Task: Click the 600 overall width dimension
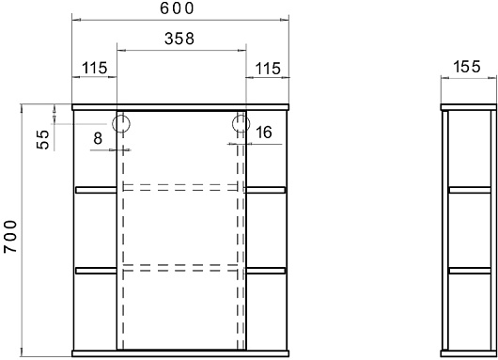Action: tap(177, 8)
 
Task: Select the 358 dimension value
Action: tap(179, 39)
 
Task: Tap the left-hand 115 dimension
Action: tap(95, 68)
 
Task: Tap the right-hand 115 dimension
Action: tap(268, 69)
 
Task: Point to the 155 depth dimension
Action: tap(467, 67)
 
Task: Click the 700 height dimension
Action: tap(10, 237)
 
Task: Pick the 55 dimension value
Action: tap(43, 140)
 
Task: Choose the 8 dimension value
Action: tap(98, 138)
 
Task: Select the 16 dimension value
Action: tap(264, 133)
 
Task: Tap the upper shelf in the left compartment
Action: tap(96, 190)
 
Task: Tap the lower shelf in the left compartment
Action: tap(96, 271)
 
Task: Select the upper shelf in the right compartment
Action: tap(266, 190)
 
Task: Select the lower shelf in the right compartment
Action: tap(266, 271)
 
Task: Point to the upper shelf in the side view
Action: tap(470, 190)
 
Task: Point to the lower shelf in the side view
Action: tap(470, 271)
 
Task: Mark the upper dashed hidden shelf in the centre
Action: tap(180, 187)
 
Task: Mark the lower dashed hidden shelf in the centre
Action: tap(180, 268)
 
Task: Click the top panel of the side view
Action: tap(469, 107)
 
